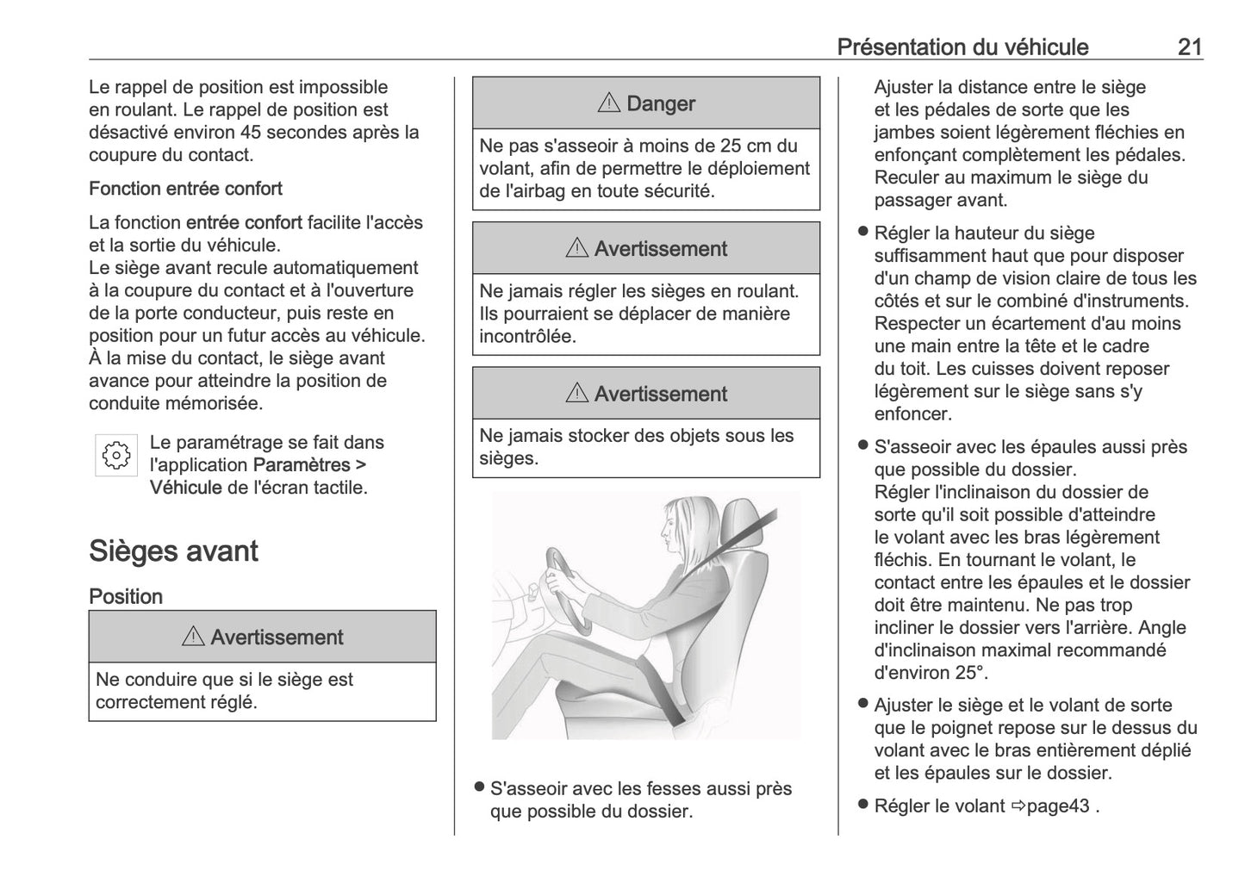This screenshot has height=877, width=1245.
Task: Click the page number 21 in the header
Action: [1189, 47]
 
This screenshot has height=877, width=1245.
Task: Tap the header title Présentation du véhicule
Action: [962, 47]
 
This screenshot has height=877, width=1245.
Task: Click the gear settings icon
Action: [116, 455]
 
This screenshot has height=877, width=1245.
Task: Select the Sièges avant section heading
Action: [173, 550]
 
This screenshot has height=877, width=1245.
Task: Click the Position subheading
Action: [126, 596]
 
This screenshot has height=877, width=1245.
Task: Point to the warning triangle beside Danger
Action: [608, 103]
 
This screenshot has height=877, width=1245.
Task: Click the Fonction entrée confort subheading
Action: [185, 189]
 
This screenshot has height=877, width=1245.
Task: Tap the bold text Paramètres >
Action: [310, 465]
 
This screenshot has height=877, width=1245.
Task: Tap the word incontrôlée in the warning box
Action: [527, 336]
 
